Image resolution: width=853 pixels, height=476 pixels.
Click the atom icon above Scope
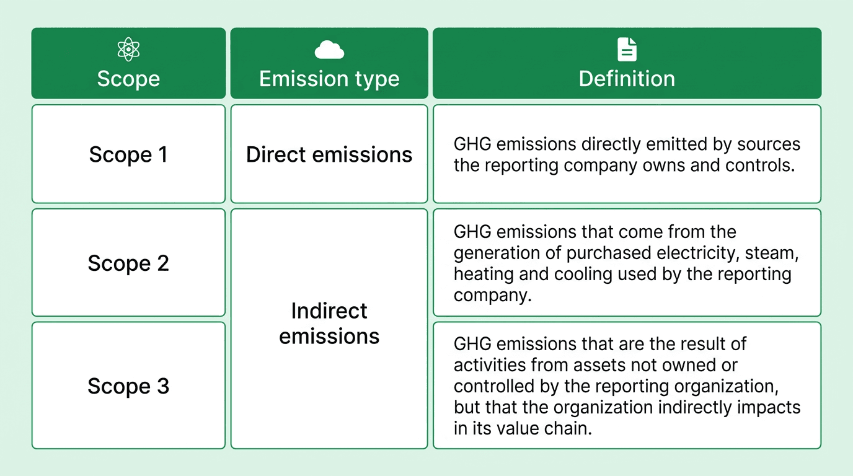128,50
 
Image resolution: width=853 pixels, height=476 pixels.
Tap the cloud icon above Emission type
329,50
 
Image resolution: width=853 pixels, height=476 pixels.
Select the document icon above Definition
627,50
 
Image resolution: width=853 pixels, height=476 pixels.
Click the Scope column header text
128,79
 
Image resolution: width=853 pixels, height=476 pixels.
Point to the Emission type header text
329,79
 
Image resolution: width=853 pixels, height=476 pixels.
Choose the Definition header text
627,79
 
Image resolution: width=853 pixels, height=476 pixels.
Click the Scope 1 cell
128,154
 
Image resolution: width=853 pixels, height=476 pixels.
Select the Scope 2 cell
128,263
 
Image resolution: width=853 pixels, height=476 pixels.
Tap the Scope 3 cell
128,386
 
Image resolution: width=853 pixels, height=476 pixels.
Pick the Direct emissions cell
329,154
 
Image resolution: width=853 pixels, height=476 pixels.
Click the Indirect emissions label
329,323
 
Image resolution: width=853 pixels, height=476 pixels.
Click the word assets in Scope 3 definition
578,364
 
